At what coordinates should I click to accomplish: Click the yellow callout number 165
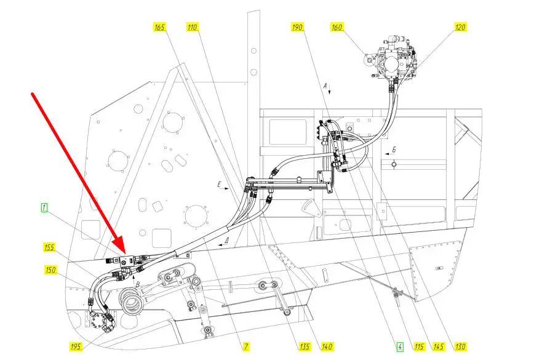point(159,27)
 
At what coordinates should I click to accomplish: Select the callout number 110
point(192,27)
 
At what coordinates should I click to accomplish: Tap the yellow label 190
point(297,27)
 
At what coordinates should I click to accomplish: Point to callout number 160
point(337,27)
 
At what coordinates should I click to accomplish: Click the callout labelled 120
point(460,27)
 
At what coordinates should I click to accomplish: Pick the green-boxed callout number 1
point(44,208)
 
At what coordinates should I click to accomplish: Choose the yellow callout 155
point(49,247)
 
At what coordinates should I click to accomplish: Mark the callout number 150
point(51,270)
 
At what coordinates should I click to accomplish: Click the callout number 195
point(76,346)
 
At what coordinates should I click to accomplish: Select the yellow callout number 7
point(246,346)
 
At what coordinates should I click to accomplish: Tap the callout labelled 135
point(305,346)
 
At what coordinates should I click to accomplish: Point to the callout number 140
point(327,346)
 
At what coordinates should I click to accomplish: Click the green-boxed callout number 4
point(400,346)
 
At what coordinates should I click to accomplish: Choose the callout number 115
point(419,346)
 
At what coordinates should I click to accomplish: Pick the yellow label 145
point(439,346)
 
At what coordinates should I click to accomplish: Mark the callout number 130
point(460,346)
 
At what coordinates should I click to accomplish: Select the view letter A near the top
point(325,86)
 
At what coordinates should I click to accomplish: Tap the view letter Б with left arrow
point(394,150)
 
